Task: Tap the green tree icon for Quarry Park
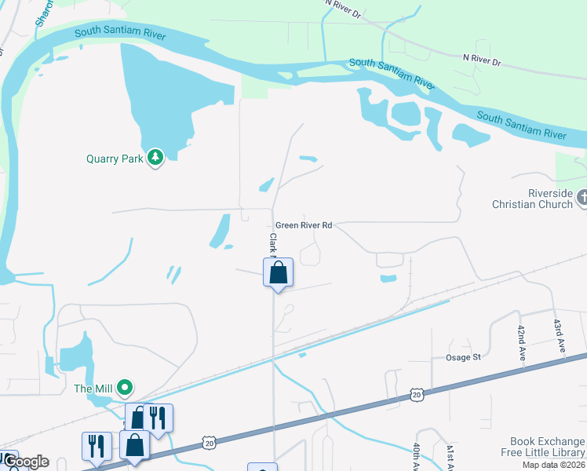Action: [x=156, y=158]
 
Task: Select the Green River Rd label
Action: [x=304, y=225]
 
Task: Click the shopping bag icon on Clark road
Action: [x=278, y=273]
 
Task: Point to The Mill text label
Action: [x=94, y=387]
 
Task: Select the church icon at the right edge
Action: [x=582, y=199]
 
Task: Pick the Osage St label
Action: [x=464, y=357]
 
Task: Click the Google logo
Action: [x=25, y=462]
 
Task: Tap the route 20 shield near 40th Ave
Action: [x=416, y=392]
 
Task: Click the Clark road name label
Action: [x=273, y=243]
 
